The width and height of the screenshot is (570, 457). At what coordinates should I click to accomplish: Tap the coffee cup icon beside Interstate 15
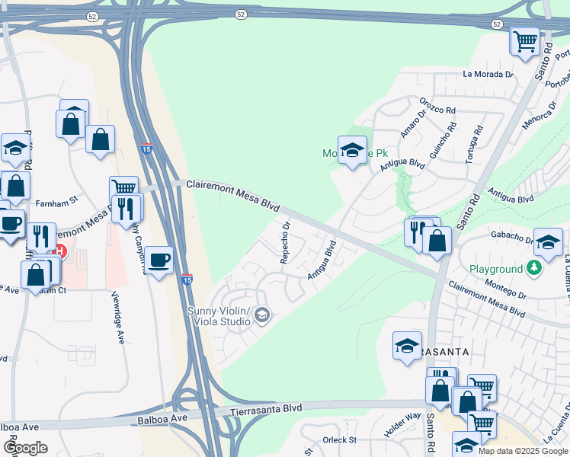[x=159, y=260]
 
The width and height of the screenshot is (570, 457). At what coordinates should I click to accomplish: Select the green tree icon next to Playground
[x=535, y=268]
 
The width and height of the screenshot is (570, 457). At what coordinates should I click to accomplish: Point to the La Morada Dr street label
[x=488, y=74]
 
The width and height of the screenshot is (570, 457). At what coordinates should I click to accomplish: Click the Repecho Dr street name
[x=285, y=242]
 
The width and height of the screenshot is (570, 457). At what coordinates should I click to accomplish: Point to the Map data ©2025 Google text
[x=523, y=451]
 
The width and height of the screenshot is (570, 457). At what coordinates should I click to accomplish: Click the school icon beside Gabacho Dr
[x=548, y=242]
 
